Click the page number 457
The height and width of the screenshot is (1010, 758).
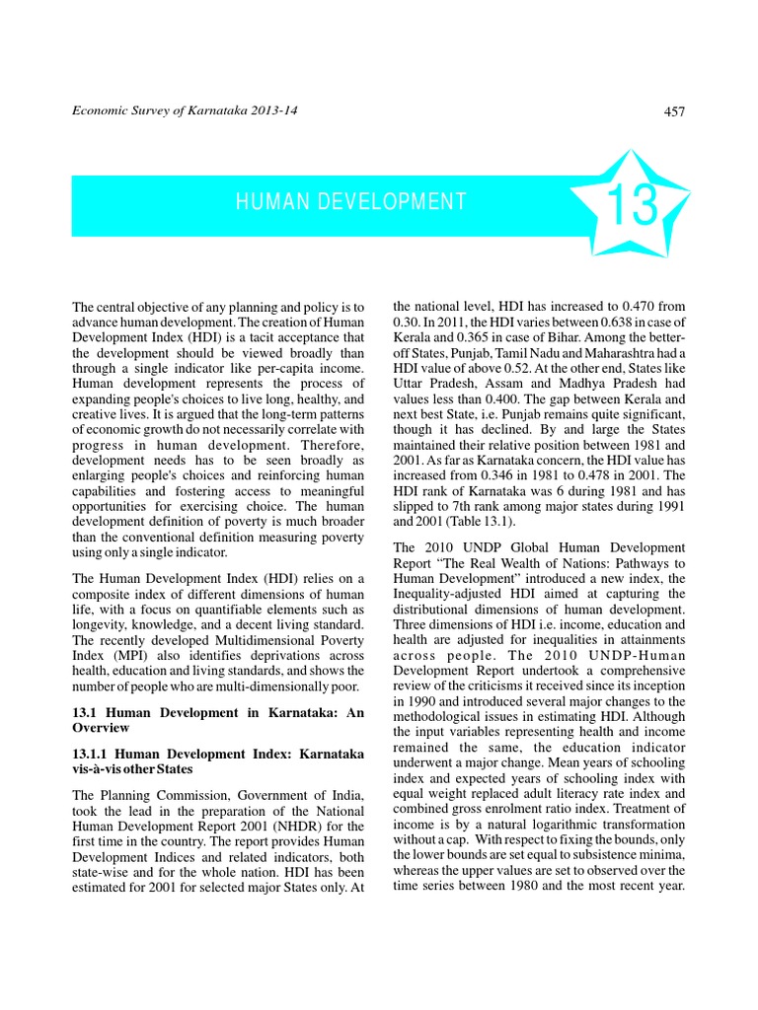tap(674, 111)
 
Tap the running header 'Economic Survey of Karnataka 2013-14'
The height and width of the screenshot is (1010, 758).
tap(186, 110)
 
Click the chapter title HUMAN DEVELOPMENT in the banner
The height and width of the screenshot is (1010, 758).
tap(351, 202)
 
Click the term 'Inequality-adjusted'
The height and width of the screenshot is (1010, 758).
tap(449, 594)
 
